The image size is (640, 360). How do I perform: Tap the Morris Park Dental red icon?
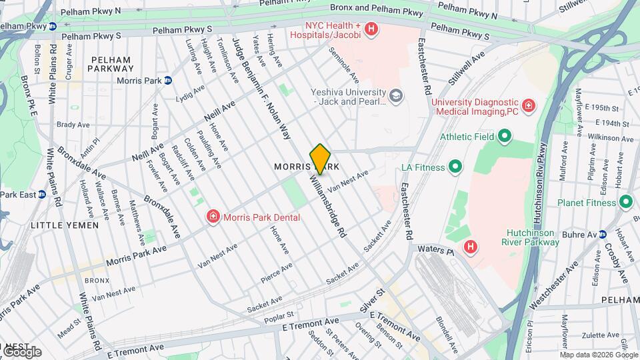point(213,217)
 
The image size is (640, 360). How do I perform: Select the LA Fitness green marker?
point(455,167)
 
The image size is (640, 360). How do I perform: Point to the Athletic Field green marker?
point(505,137)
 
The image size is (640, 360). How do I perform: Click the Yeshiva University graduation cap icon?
point(397,97)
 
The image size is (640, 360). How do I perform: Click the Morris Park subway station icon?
point(168,81)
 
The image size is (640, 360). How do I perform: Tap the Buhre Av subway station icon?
point(603,235)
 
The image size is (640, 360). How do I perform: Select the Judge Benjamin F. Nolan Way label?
point(261,87)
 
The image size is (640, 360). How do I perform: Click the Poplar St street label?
point(280,314)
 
